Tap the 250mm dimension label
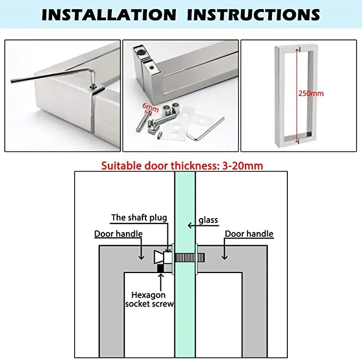(311, 93)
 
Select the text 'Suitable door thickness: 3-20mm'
(182, 165)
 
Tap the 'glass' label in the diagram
(208, 220)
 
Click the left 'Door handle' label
(119, 234)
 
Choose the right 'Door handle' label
(249, 234)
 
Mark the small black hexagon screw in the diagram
(160, 268)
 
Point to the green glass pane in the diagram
(184, 309)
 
